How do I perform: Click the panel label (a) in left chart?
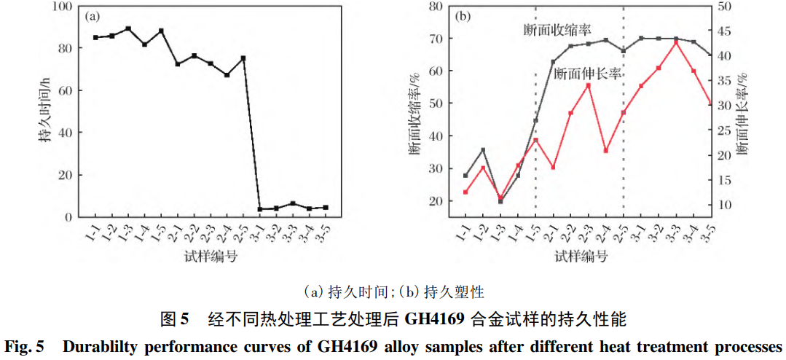coord(93,15)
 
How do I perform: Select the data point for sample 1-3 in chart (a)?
coord(128,29)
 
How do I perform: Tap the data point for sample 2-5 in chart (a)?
coord(243,58)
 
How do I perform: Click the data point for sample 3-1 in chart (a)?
coord(260,209)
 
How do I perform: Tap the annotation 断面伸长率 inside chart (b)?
coord(587,74)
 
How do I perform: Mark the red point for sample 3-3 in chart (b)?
coord(676,43)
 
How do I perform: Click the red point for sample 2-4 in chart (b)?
coord(606,151)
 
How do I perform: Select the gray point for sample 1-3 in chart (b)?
coord(500,201)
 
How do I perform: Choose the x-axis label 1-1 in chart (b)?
coord(463,233)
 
